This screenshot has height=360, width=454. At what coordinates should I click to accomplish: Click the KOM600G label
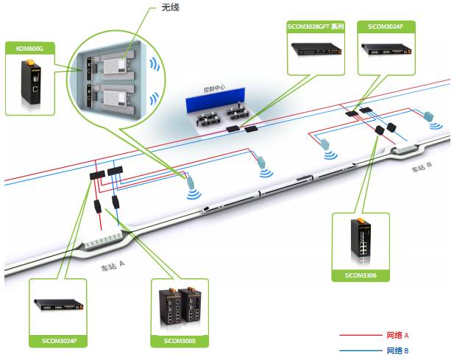click(x=29, y=49)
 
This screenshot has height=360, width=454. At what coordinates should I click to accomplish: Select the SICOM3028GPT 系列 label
click(x=315, y=27)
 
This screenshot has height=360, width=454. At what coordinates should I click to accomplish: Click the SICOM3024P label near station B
click(x=385, y=27)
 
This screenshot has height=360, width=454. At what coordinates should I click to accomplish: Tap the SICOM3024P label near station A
click(x=60, y=341)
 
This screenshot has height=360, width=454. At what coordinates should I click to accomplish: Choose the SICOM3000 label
click(x=180, y=341)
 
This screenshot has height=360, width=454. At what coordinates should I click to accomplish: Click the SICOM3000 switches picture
click(x=180, y=305)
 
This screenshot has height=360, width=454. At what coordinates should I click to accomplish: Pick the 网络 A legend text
click(x=397, y=335)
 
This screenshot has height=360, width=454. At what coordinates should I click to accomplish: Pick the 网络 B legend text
click(x=397, y=350)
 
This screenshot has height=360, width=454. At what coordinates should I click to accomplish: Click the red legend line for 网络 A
click(x=361, y=336)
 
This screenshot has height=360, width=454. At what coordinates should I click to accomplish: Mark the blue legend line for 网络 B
click(x=361, y=351)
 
